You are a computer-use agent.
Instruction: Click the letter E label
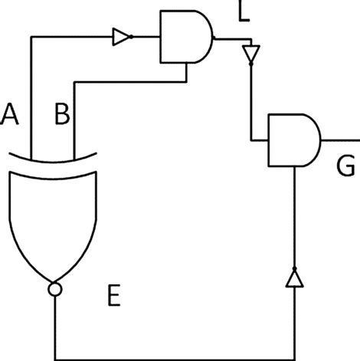point(113,296)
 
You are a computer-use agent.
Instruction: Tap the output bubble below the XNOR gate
point(54,290)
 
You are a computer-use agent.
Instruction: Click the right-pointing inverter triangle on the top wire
point(121,35)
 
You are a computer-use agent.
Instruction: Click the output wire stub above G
point(340,140)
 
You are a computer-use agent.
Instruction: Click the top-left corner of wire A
point(31,36)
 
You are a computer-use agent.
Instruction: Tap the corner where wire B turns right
point(74,80)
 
